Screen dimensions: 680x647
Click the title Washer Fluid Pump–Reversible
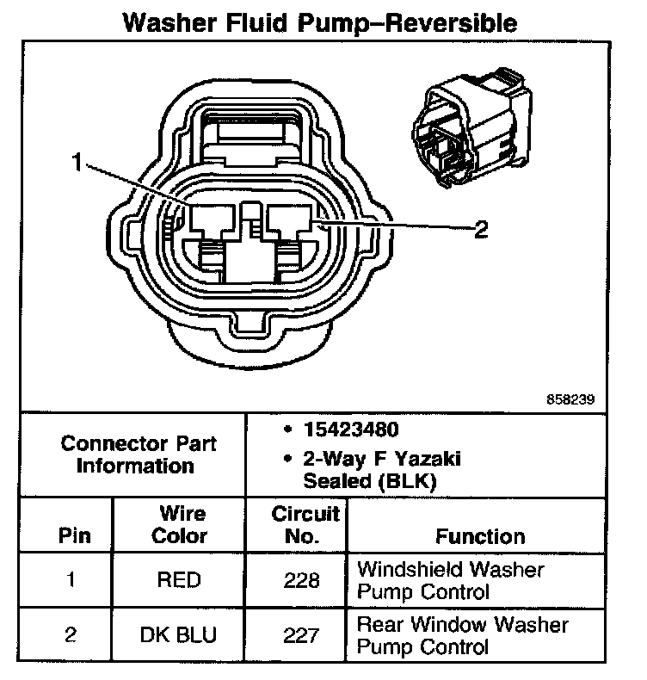(x=321, y=22)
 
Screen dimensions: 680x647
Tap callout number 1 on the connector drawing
(x=78, y=161)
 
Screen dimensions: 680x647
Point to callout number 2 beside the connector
(x=482, y=229)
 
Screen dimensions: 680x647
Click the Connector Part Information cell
(x=139, y=455)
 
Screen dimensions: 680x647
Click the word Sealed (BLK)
(x=370, y=482)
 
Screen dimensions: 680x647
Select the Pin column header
(x=71, y=535)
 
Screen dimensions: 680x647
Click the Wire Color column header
(x=179, y=525)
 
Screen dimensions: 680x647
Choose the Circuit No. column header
(x=306, y=525)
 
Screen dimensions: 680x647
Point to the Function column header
(x=479, y=536)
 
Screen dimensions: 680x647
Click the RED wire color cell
(x=179, y=580)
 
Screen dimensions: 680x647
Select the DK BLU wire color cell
(x=179, y=635)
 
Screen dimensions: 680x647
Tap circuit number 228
(x=302, y=580)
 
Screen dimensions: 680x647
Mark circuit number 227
(x=302, y=635)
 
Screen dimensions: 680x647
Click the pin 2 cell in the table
(x=71, y=635)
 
